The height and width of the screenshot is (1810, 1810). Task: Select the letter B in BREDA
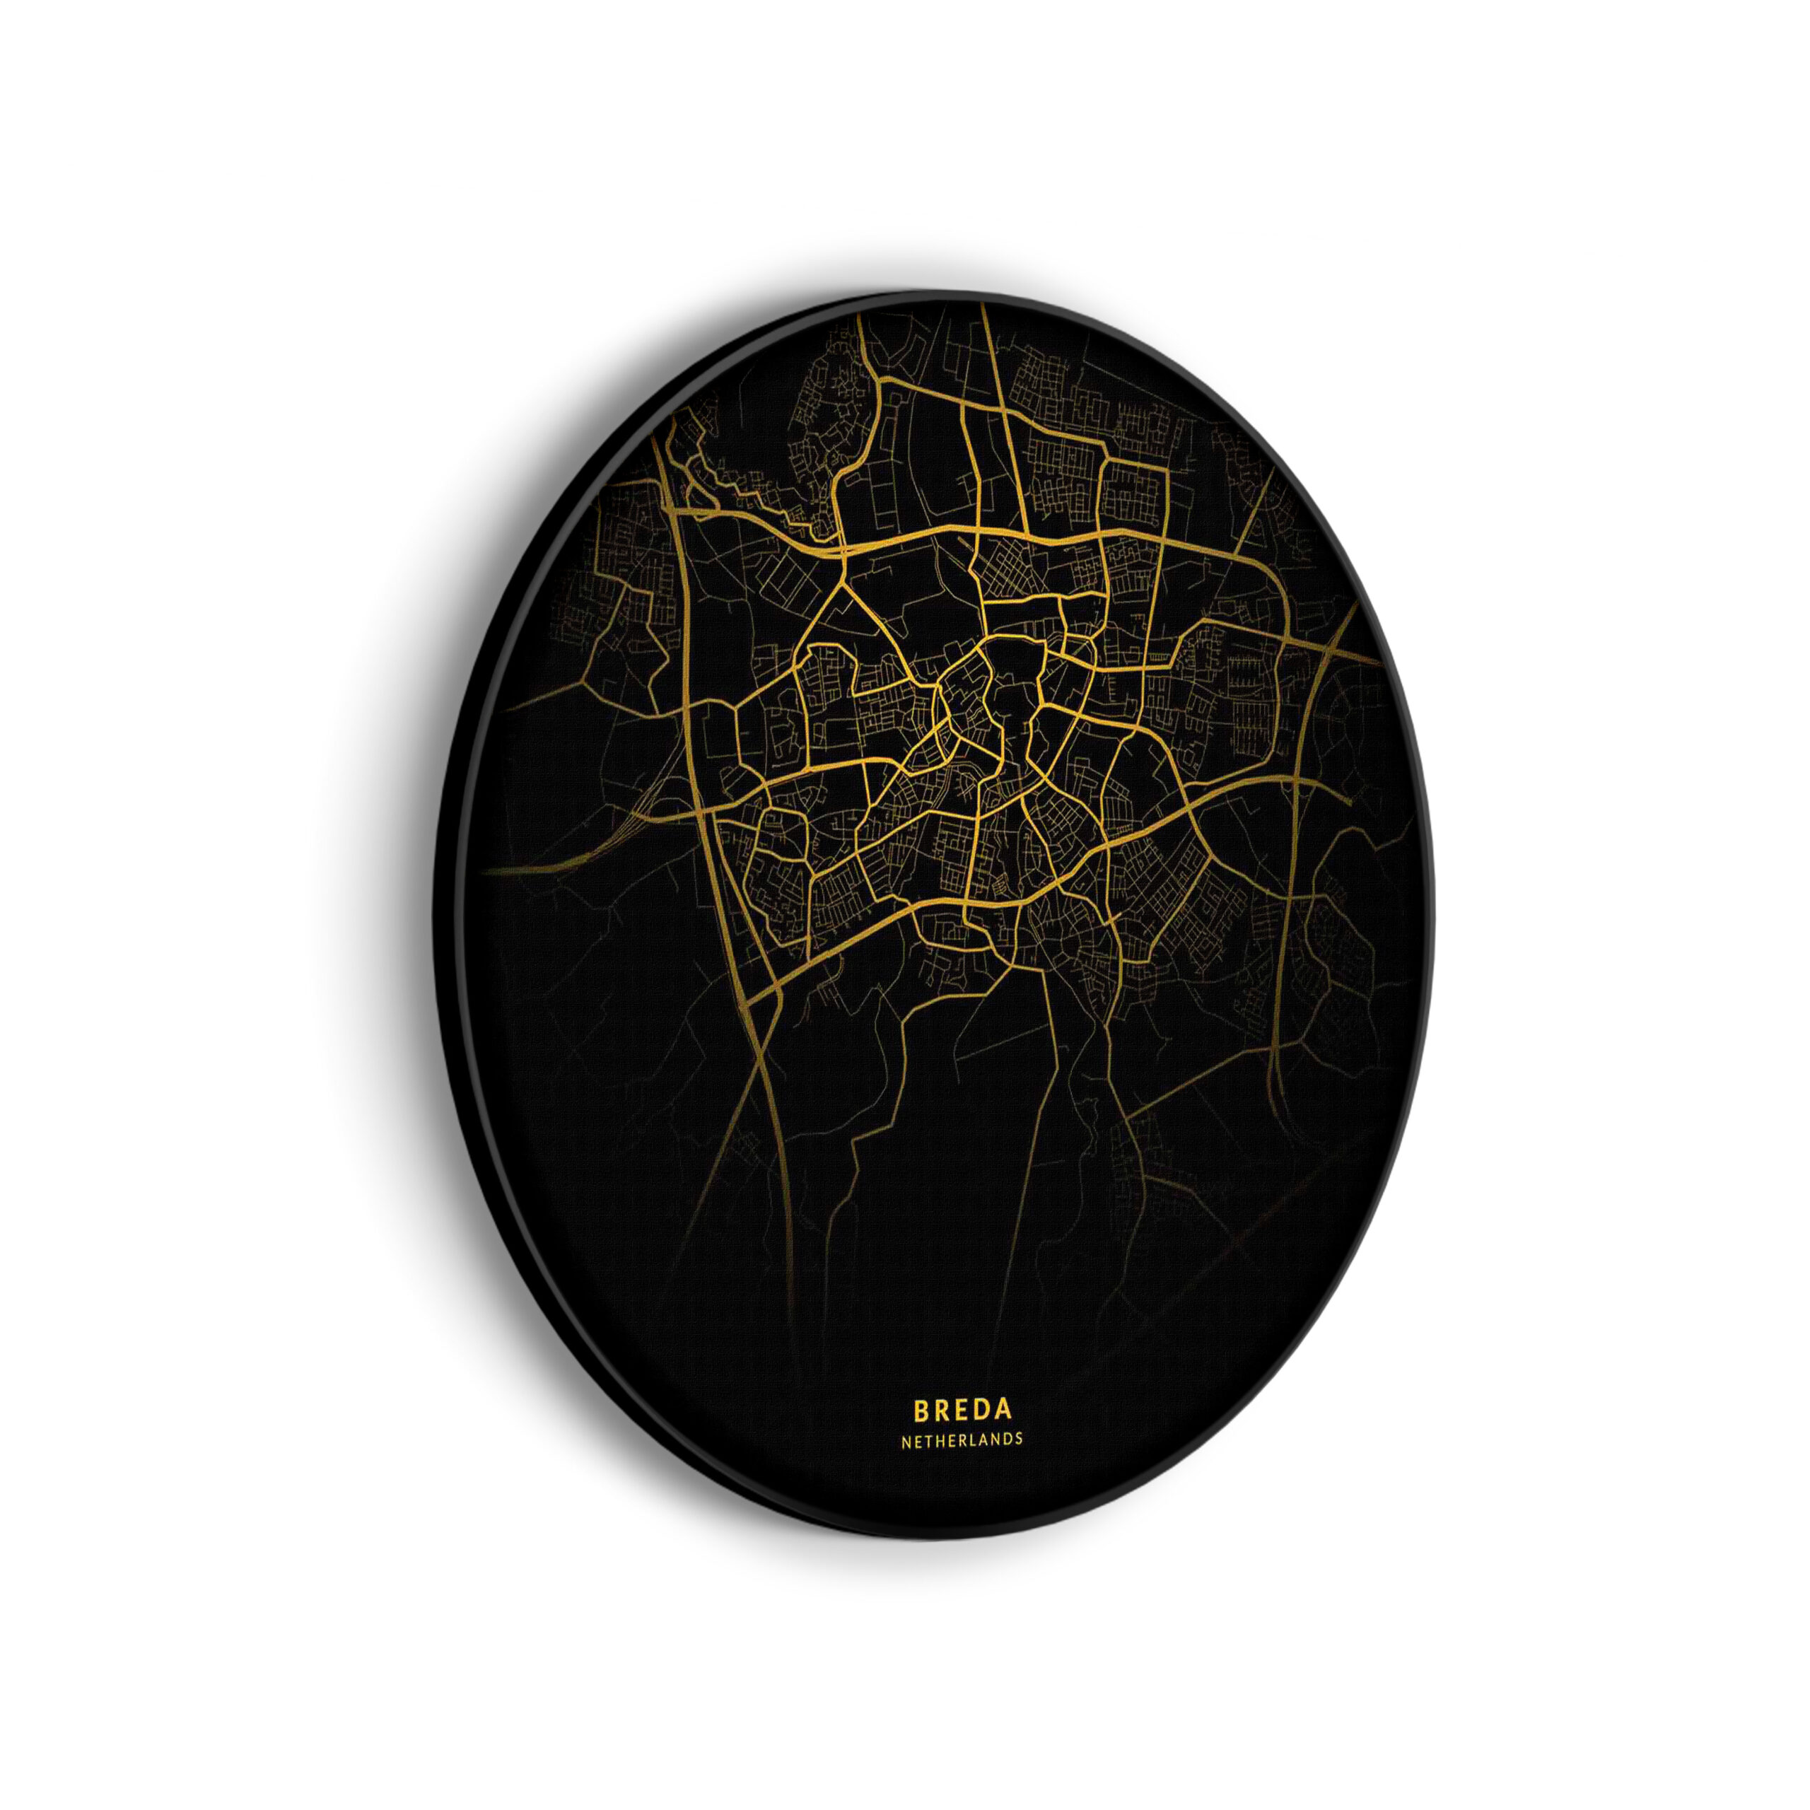pos(921,1435)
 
